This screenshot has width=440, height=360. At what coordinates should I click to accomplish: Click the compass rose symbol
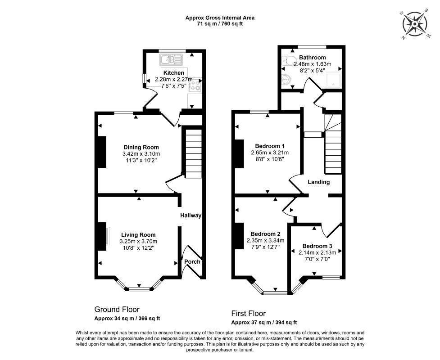pos(415,24)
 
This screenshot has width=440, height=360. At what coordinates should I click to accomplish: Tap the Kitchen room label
pos(174,73)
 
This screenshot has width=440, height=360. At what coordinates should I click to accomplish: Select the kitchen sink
pos(171,59)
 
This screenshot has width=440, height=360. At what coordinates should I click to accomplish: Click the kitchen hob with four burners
pos(195,85)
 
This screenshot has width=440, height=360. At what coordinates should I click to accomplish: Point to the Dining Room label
pos(141,147)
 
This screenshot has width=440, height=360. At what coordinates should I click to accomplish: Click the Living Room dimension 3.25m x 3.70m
pos(138,241)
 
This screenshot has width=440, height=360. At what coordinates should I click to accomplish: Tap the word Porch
pos(192,261)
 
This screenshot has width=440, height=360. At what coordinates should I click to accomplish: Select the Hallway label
pos(191,216)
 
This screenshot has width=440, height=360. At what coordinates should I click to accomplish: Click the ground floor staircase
pos(193,153)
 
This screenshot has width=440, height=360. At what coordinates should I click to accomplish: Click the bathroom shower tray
pos(333,80)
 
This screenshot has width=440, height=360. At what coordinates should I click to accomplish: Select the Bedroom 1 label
pos(270,146)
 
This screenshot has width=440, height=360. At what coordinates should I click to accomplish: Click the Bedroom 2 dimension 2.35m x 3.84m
pos(265,241)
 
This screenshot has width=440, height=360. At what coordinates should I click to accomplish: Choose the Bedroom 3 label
pos(318,246)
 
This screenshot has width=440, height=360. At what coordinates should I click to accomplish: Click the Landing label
pos(319,182)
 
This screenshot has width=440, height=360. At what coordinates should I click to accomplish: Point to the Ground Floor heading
pos(117,310)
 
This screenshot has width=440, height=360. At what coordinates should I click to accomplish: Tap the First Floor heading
pos(248,313)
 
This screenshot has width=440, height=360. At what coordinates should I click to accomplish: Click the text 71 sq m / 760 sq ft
pos(220,24)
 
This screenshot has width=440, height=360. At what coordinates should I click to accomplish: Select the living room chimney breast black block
pos(102,236)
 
